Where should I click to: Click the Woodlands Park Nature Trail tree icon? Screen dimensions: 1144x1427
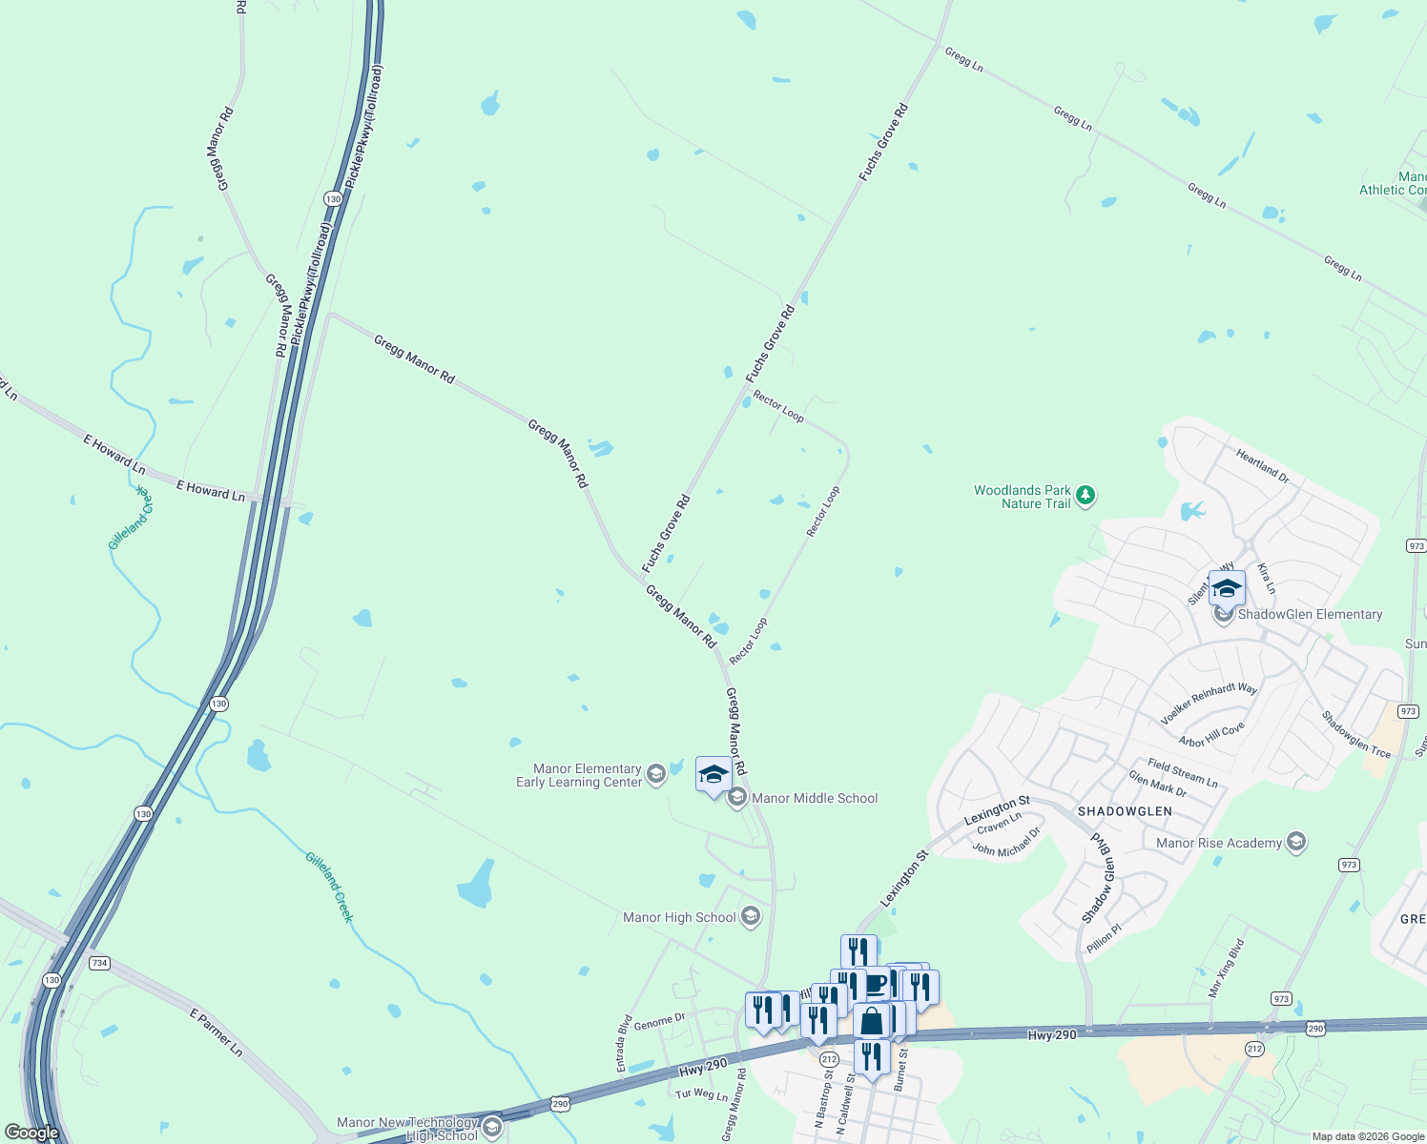1085,496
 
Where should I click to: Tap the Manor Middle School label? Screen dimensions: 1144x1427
815,799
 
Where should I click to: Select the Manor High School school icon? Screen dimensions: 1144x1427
751,917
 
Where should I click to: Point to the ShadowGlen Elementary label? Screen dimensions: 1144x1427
1310,615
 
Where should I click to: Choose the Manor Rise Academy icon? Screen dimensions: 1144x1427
1295,842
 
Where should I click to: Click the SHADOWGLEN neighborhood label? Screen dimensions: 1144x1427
1125,811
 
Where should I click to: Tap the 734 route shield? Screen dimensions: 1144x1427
99,963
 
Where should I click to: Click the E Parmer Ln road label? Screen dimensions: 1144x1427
216,1032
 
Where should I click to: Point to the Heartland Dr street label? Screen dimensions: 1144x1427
1262,466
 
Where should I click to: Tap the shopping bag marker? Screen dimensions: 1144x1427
872,1021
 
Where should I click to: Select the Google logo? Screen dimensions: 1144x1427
32,1133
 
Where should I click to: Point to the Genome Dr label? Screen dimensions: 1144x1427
659,1022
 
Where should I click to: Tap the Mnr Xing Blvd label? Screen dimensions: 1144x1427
1226,969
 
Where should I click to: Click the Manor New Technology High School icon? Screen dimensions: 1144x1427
492,1129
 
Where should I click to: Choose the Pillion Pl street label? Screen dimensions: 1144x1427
1105,937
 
